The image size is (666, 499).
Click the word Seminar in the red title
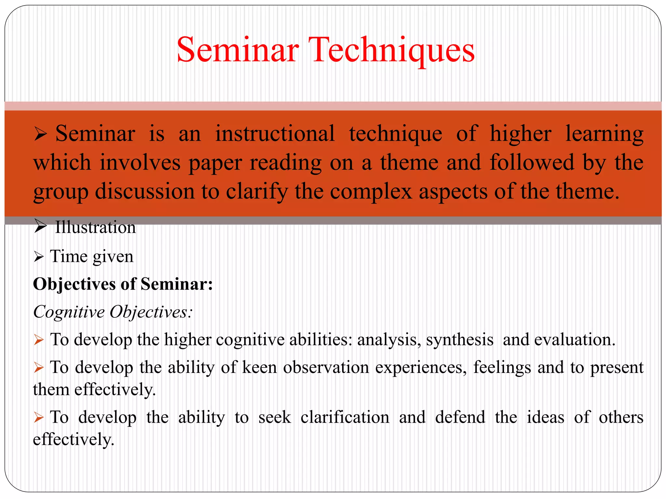coord(238,50)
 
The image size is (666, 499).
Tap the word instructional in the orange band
coord(275,134)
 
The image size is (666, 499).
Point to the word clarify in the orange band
coord(257,192)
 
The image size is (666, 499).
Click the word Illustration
coord(95,227)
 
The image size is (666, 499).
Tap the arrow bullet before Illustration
coord(40,226)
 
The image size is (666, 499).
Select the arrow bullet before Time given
coord(39,257)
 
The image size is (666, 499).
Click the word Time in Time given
coord(69,256)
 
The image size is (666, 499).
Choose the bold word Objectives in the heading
coord(74,285)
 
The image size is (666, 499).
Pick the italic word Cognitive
coord(69,312)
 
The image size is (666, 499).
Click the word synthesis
coord(460,340)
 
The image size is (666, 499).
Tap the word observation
coord(326,368)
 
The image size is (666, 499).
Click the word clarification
coord(345,417)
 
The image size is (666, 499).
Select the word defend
coord(460,417)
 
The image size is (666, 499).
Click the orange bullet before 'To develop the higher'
coord(39,340)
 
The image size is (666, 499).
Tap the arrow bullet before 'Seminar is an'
coord(40,134)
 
